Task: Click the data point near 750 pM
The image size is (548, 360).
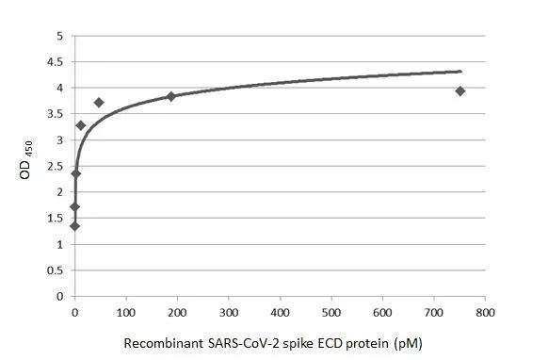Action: pos(459,90)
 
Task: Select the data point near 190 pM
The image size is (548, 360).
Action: pos(170,96)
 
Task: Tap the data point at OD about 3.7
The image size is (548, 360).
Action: pos(99,102)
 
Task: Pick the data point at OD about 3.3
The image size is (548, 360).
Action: pos(81,124)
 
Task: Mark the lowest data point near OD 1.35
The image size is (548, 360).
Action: pos(74,225)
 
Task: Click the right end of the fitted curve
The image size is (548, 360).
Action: pos(461,71)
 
